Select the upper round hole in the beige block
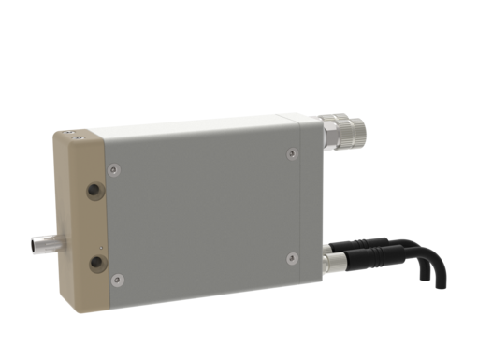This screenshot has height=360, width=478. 94,190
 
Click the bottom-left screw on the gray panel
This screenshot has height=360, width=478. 117,279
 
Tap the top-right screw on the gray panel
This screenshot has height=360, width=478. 292,152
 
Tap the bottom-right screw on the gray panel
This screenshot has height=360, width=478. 292,256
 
